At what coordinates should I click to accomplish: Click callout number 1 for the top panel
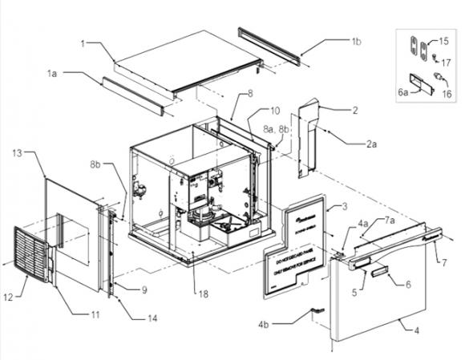coord(83,41)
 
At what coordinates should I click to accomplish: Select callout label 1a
coord(53,73)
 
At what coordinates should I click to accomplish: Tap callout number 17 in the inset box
coord(447,62)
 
